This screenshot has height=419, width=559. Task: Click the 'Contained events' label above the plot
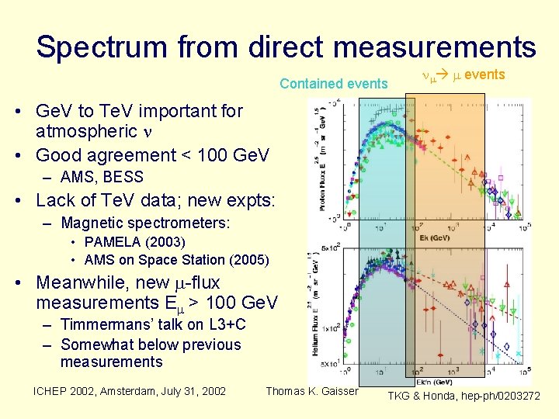(333, 84)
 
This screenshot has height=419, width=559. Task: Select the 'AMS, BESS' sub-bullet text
(102, 178)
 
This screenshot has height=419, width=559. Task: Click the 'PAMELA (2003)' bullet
(134, 242)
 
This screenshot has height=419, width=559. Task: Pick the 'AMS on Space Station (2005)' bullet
(176, 259)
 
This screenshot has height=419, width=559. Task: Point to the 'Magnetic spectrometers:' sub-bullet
(145, 223)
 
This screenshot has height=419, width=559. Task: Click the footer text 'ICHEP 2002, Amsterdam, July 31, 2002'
(129, 391)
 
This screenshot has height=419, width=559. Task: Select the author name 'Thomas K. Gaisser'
(312, 391)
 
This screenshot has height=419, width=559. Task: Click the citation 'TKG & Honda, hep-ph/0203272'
(464, 396)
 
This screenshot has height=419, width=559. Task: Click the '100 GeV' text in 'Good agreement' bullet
(234, 155)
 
